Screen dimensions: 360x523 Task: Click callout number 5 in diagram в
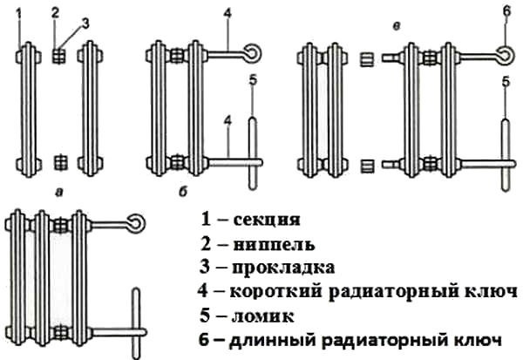pos(505,82)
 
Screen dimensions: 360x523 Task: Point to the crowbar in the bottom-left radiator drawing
pos(135,323)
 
